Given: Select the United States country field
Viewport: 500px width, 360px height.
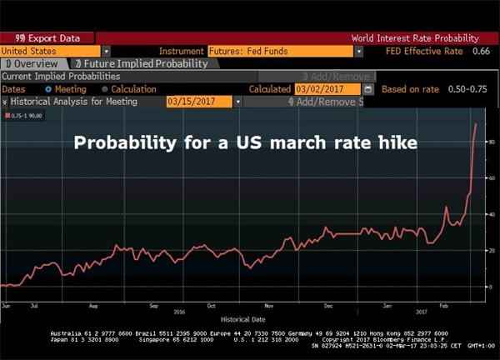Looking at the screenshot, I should coord(50,51).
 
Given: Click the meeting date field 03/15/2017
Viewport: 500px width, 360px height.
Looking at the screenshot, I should coord(199,102).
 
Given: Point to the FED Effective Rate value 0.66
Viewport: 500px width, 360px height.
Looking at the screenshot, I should coord(481,51).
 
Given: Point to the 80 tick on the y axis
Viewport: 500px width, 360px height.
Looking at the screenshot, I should coord(492,142).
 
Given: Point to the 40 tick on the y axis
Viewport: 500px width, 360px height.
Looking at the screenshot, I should coord(492,214).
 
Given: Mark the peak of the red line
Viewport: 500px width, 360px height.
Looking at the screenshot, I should coord(476,123).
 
